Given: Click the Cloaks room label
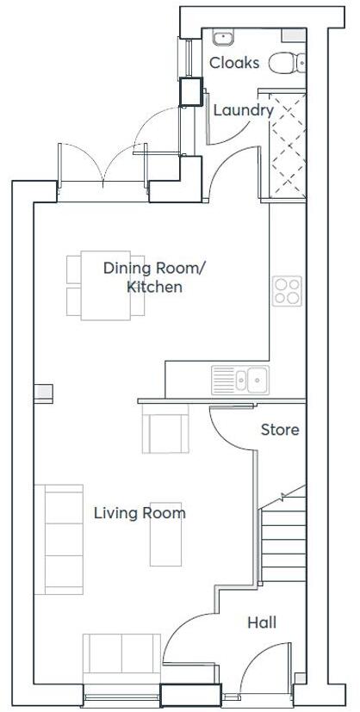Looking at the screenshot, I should click(233, 63).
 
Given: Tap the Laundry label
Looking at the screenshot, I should click(243, 110).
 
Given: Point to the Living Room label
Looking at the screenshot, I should click(140, 513).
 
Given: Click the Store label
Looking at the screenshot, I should click(280, 430).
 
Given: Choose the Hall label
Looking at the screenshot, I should click(262, 622).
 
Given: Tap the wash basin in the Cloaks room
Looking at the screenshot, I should click(223, 37).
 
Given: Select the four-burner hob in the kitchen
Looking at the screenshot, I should click(286, 291).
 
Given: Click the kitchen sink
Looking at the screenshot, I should click(240, 379).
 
